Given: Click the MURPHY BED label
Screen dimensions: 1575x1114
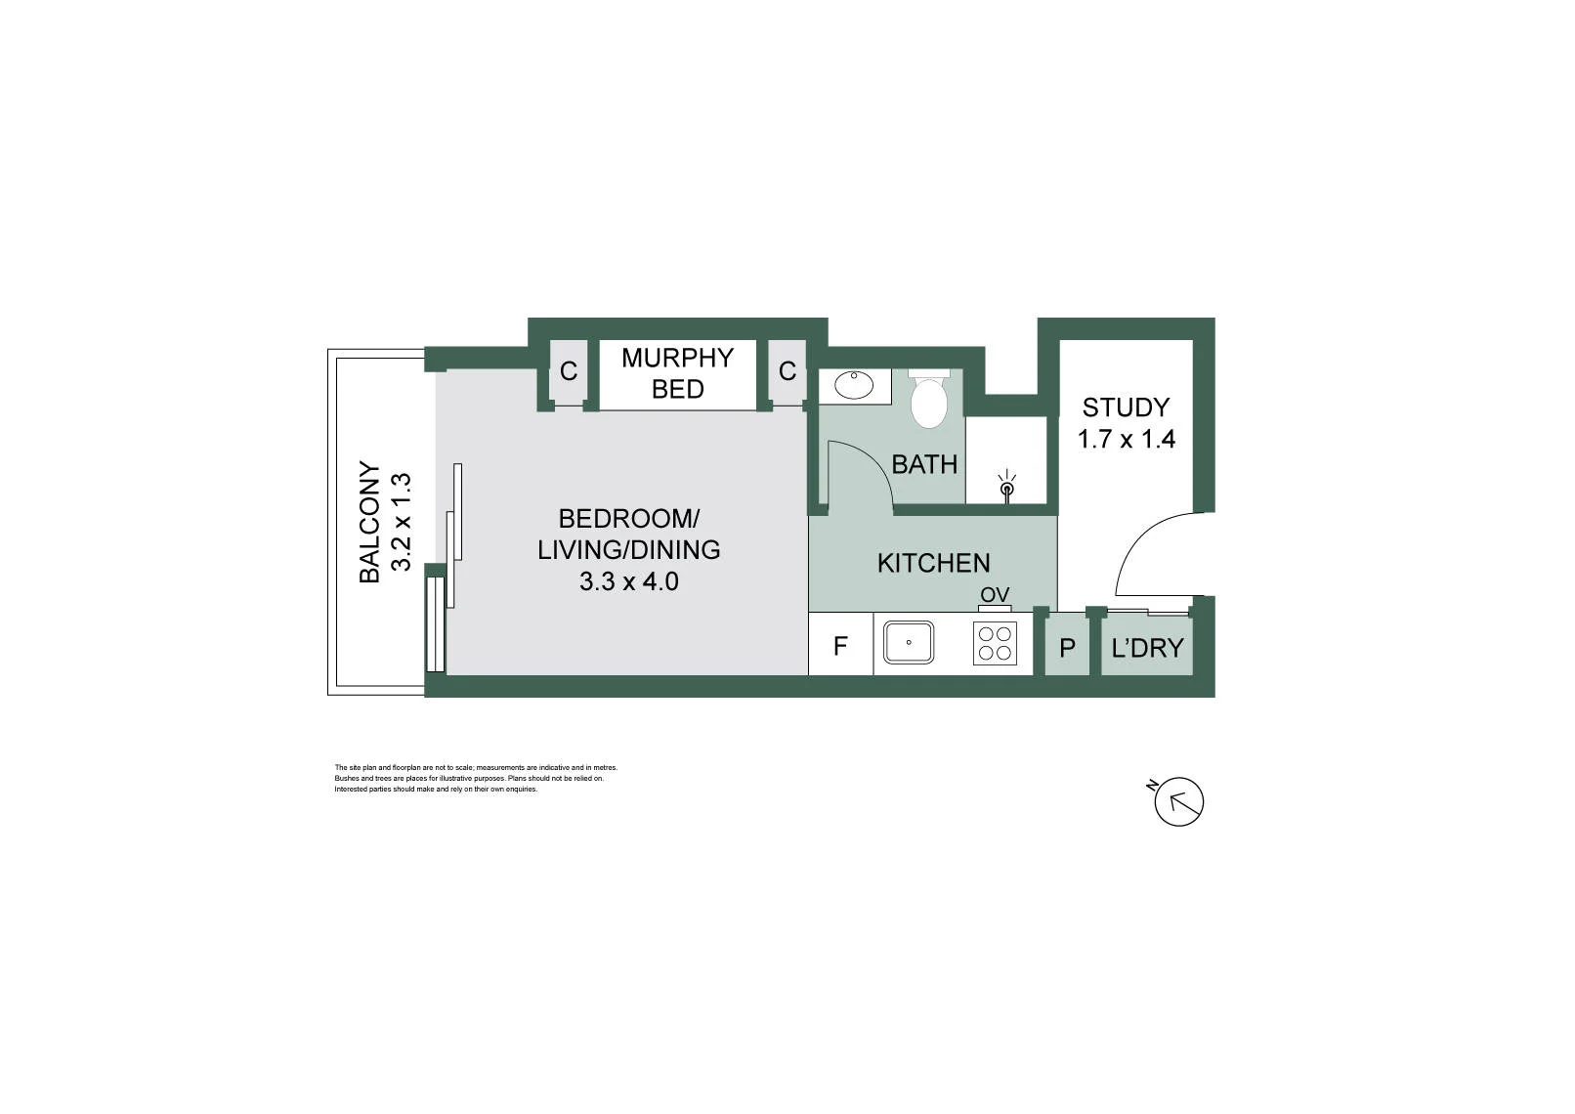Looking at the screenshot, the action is tap(677, 373).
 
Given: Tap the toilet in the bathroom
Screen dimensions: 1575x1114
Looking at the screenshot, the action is tap(929, 398).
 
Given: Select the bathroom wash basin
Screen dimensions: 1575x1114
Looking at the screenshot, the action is tap(854, 385).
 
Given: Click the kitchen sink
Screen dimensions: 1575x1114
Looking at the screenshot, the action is tap(909, 642).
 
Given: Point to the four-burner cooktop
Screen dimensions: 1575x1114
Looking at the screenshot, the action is tap(995, 644).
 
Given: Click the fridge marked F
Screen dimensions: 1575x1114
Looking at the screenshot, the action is tap(840, 645).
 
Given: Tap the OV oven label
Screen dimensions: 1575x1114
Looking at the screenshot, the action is tap(995, 595).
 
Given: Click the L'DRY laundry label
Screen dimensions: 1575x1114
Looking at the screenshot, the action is tap(1147, 647).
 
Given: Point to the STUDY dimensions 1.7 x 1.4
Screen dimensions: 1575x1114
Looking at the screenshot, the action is tap(1127, 440).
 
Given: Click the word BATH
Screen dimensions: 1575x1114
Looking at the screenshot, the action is tap(924, 464).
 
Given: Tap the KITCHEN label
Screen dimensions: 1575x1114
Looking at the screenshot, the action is tap(934, 563).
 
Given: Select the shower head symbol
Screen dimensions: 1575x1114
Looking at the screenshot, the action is tap(1007, 486).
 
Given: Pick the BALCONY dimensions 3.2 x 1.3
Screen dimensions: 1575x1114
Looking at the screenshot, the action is tap(401, 522).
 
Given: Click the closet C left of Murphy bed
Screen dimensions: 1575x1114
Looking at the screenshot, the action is tap(568, 370).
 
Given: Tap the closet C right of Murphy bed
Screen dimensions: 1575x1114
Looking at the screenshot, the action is tap(787, 370).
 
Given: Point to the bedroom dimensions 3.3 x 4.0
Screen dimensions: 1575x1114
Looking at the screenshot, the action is tap(628, 581).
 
